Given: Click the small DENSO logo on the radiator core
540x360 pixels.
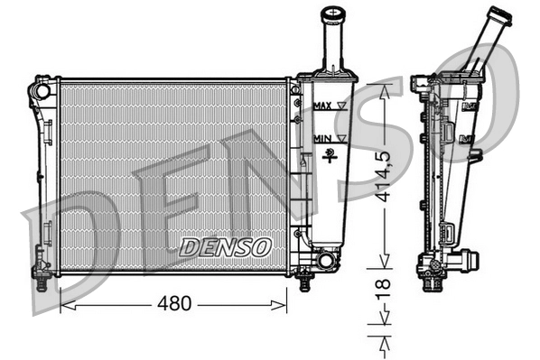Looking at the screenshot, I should (x=225, y=245).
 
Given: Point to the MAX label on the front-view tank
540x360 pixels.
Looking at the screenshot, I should (x=321, y=106).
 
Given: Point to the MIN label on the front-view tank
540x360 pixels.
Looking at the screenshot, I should (x=321, y=137).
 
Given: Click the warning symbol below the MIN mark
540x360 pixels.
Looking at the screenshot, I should (x=332, y=153).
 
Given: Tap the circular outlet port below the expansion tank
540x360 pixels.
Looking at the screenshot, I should (x=324, y=261).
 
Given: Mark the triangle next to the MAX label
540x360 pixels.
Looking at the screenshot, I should (x=341, y=106).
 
